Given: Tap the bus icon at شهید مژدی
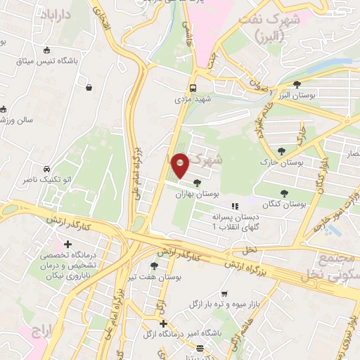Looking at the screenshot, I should click(192, 88).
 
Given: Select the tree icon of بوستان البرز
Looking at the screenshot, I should click(297, 84).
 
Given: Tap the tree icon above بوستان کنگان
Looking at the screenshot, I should click(284, 192).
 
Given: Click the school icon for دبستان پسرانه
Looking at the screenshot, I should click(235, 207).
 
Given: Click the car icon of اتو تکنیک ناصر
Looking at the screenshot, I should click(46, 169).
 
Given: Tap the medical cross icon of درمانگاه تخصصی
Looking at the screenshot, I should click(68, 244).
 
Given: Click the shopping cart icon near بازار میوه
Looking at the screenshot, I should click(224, 294).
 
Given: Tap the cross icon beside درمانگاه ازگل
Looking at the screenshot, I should click(163, 324).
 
